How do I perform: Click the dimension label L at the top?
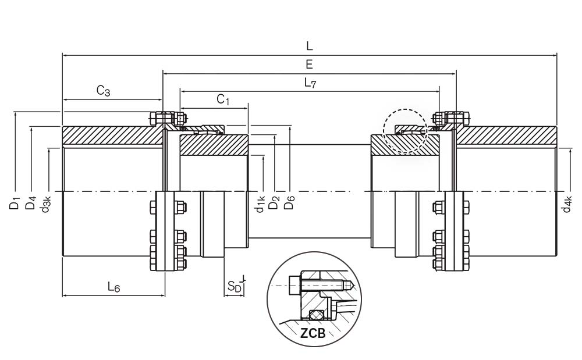coord(309,45)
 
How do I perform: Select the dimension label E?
coord(309,64)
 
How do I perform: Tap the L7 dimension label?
coord(310,83)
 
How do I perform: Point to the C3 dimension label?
coord(104,91)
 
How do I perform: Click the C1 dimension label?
coord(223,99)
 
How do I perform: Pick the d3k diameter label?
coord(46,204)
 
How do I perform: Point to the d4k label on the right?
coord(567,204)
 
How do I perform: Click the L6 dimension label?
coord(113,287)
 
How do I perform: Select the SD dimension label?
coord(234,287)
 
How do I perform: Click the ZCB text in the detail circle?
coord(313,333)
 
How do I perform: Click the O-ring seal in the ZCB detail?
coord(315,315)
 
